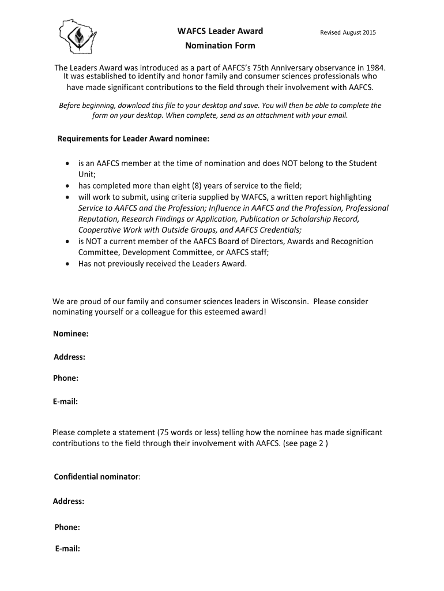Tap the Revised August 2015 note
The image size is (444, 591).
348,32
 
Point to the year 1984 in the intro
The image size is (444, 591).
373,68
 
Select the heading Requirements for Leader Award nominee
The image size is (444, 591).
133,139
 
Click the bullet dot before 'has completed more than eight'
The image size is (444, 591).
67,186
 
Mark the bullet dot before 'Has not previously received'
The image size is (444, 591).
67,264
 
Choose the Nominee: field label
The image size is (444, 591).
71,334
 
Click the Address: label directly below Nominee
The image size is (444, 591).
70,357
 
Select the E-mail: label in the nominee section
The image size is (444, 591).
66,401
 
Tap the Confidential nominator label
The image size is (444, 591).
97,477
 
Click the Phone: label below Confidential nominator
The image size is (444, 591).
67,527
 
